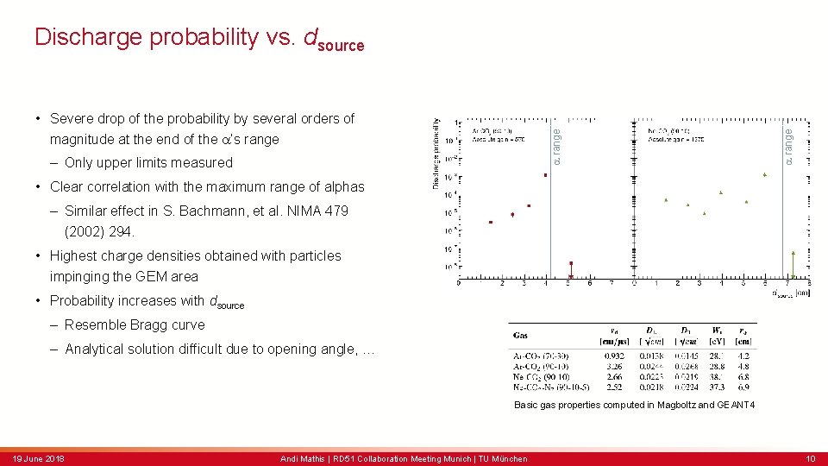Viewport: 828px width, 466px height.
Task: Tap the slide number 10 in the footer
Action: click(811, 458)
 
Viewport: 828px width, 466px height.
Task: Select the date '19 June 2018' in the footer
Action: click(39, 458)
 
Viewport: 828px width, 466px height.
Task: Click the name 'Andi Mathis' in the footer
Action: click(303, 458)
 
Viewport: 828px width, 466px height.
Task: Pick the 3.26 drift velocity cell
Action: click(613, 365)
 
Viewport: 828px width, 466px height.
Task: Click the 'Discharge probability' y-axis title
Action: click(436, 154)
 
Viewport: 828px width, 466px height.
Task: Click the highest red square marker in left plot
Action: click(545, 175)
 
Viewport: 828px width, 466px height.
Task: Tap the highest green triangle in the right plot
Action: click(764, 175)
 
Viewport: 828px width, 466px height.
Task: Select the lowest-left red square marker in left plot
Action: click(491, 223)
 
